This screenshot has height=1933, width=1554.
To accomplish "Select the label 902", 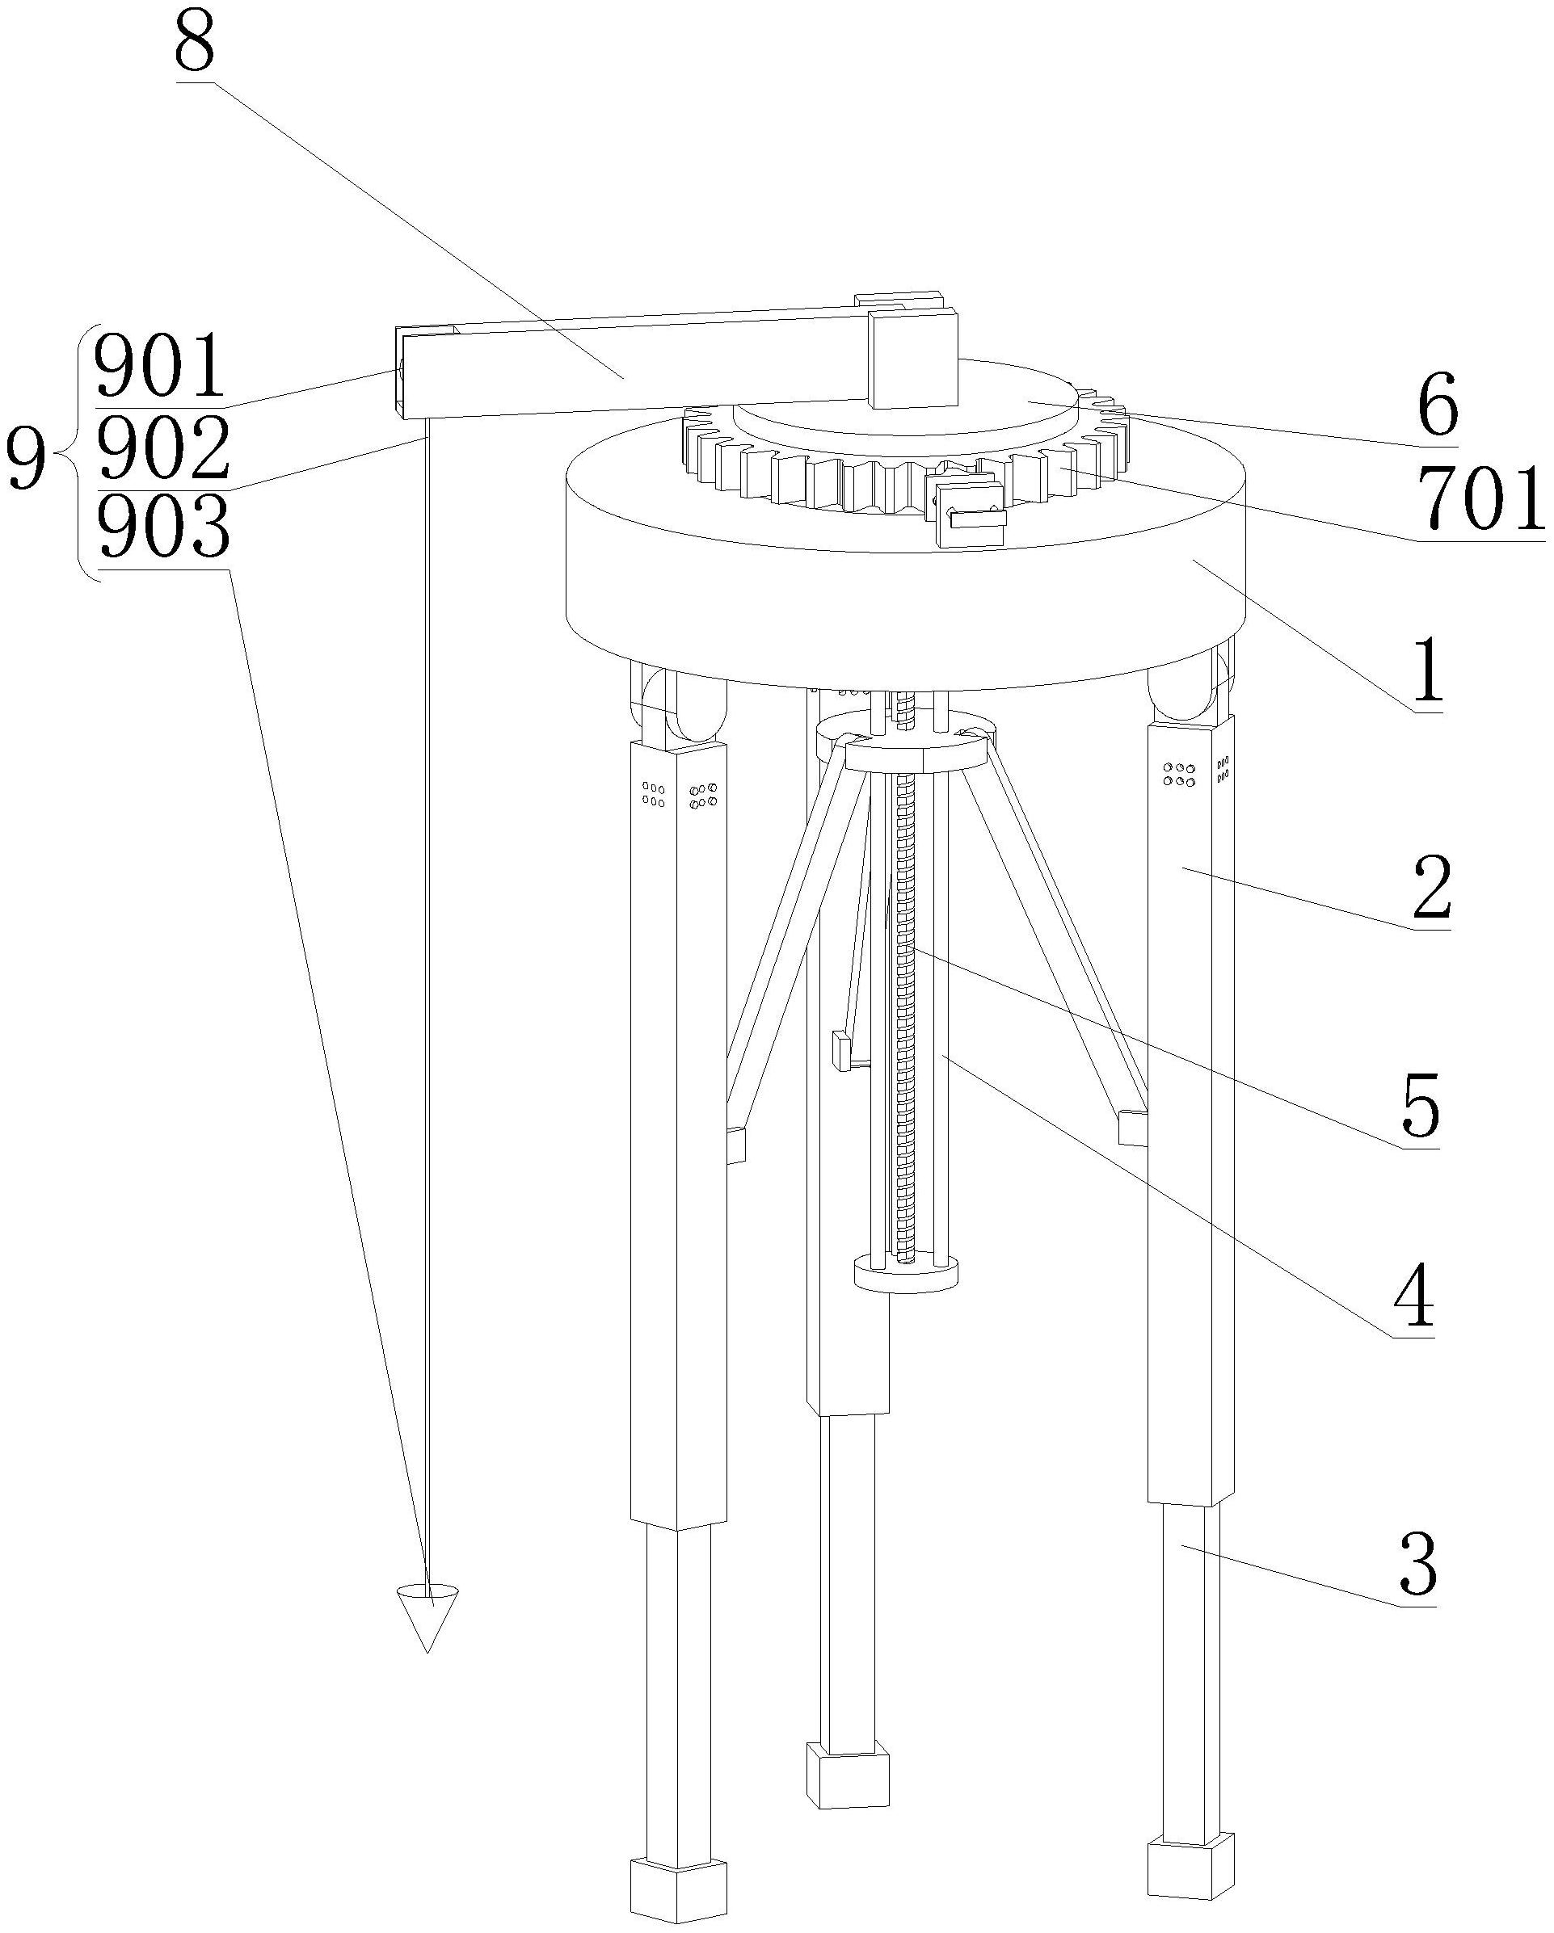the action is click(162, 448).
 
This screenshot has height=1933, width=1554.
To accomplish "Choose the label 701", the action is click(1481, 499).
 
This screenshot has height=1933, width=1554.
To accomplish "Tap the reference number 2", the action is click(1431, 887).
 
